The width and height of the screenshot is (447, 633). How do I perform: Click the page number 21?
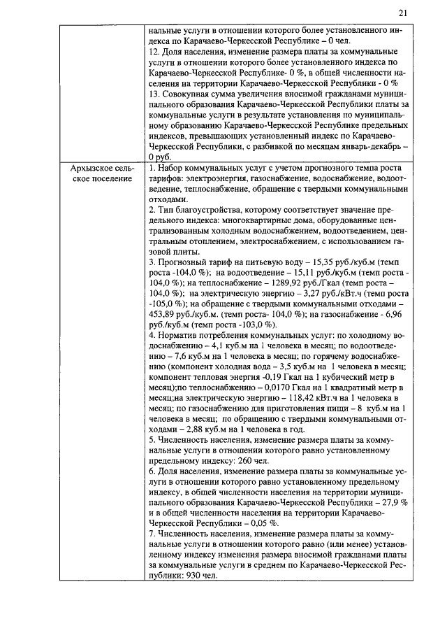(x=403, y=13)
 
